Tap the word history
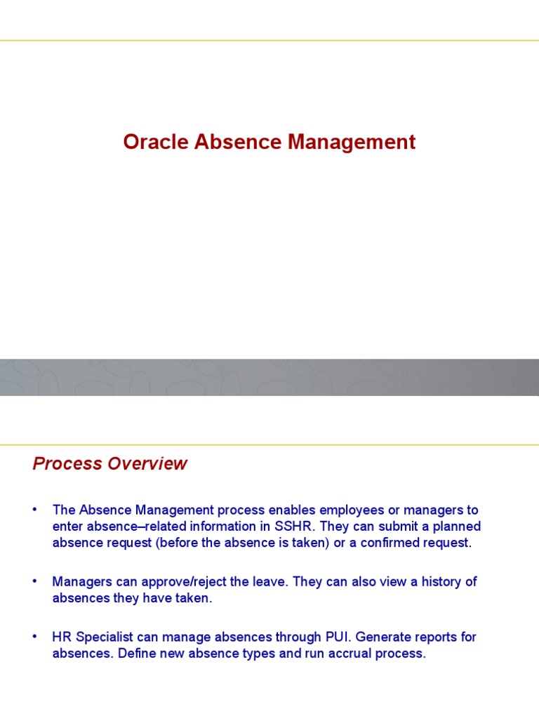(440, 581)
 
